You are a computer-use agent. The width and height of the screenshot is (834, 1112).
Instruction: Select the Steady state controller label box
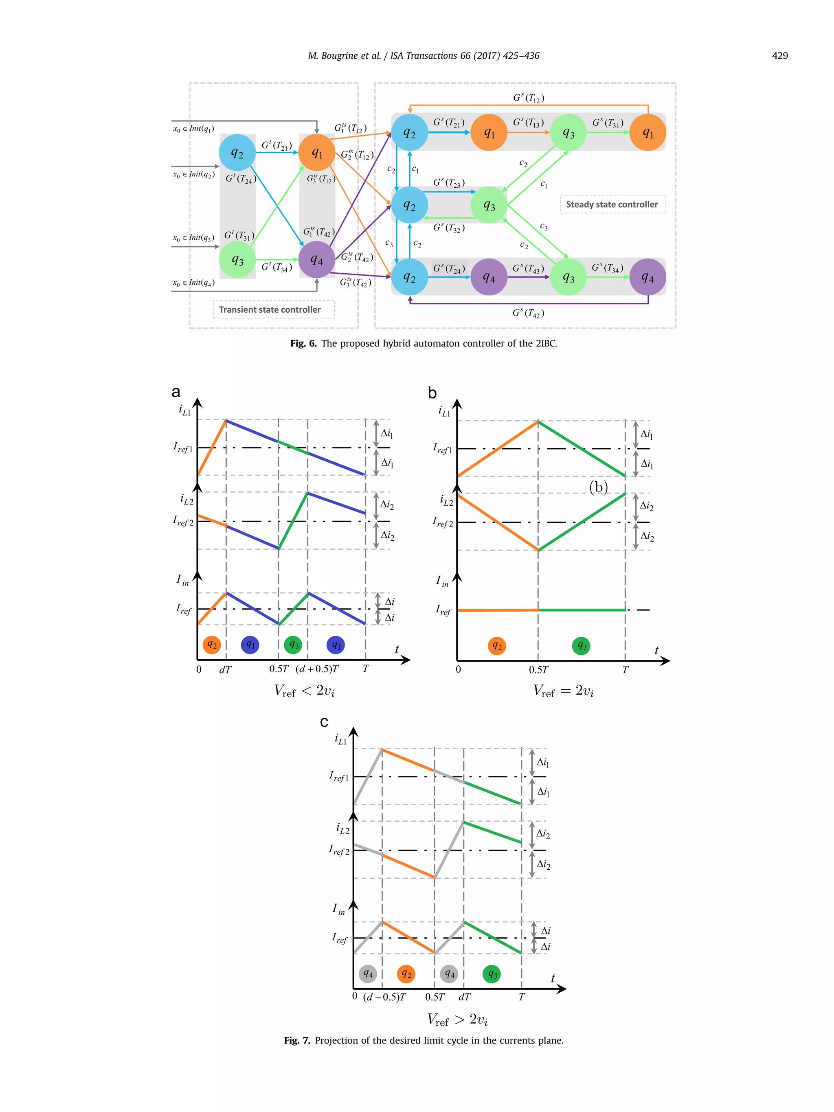tap(612, 204)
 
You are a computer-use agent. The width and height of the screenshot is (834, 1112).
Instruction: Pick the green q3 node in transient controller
tap(237, 259)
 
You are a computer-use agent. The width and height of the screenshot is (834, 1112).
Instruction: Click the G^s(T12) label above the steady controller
tap(528, 98)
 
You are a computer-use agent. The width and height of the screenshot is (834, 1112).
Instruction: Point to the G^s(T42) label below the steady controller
tap(528, 313)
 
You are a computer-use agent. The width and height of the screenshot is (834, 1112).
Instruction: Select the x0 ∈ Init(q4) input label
tap(193, 283)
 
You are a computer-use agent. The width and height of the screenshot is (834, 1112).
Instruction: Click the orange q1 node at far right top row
tap(647, 133)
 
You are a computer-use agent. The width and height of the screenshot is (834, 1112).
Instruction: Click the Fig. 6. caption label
tap(303, 343)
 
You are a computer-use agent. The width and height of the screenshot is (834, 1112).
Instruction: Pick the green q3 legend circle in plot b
tap(581, 646)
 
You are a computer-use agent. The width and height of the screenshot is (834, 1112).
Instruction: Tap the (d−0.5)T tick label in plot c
tap(384, 997)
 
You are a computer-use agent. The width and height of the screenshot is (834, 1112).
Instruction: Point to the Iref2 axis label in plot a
tap(184, 521)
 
